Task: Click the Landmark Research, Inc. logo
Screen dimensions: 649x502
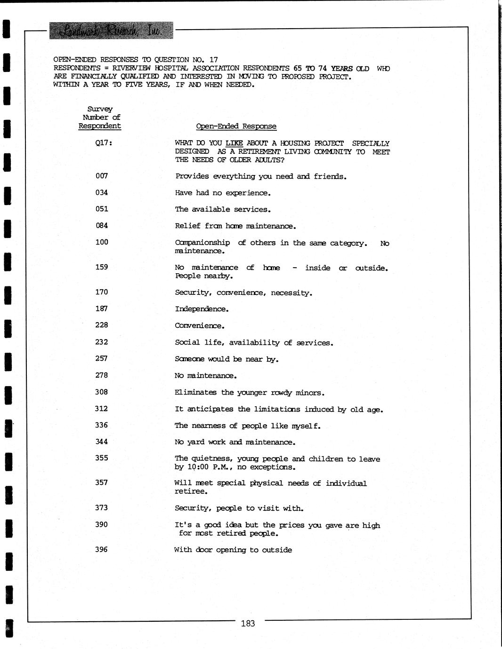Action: point(111,31)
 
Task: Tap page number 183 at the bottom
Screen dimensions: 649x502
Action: point(248,624)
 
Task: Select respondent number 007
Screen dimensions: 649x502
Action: point(102,176)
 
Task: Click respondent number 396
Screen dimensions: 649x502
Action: point(102,549)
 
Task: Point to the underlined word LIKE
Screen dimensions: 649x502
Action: point(234,143)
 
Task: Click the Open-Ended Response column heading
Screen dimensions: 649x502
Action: point(236,126)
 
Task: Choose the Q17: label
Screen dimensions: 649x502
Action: point(104,143)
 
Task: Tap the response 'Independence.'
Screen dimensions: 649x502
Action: point(202,309)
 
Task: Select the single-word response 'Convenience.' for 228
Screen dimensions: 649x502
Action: point(200,325)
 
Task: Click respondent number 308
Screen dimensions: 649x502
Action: point(102,392)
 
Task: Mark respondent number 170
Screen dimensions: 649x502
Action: point(102,292)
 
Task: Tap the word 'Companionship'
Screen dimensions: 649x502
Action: point(202,243)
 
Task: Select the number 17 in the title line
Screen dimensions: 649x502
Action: point(213,60)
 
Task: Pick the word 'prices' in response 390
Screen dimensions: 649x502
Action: point(291,525)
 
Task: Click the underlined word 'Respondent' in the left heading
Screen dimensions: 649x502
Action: point(99,126)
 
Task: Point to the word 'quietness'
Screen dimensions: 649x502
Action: point(211,459)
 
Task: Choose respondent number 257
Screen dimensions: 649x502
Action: point(102,358)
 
